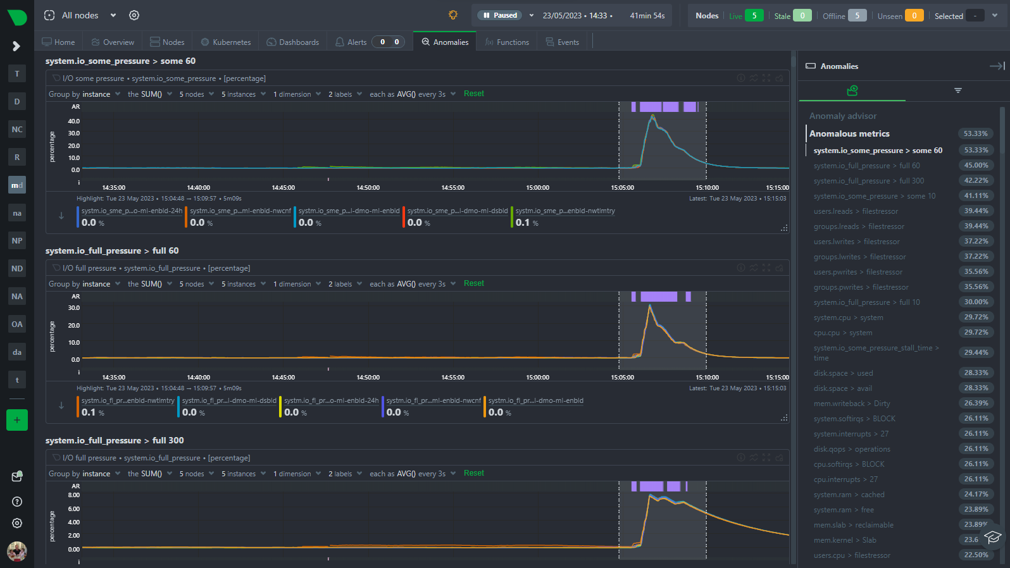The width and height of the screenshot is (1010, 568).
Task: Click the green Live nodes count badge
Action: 754,16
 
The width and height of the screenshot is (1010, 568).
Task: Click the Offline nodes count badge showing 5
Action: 857,16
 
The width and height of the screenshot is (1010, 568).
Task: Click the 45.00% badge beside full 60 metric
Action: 976,166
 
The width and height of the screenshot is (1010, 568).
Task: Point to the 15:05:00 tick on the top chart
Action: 622,188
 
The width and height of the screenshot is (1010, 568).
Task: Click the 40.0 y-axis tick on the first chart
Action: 74,121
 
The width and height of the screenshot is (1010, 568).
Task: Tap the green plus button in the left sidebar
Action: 17,420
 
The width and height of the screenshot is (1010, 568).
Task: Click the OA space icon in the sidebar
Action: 17,324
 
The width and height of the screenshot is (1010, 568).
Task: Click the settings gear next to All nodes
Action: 134,15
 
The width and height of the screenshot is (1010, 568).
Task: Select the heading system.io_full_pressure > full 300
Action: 115,441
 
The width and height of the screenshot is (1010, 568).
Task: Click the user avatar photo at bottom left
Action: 17,551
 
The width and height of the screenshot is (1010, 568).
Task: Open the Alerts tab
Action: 357,42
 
